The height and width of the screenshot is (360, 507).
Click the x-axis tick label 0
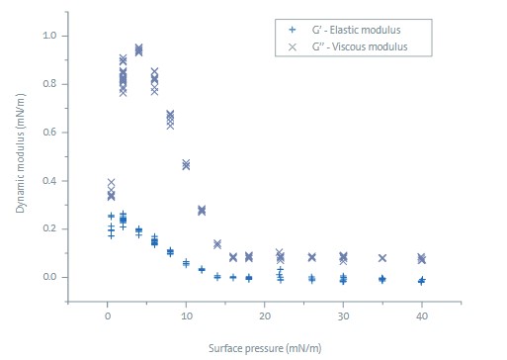click(108, 317)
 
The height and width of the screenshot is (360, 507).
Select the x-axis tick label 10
click(186, 317)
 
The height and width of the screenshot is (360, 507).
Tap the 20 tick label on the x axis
click(264, 317)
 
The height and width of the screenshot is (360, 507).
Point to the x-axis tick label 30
click(343, 317)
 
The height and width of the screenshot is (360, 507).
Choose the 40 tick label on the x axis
click(421, 317)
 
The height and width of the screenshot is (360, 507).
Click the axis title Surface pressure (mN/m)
click(265, 348)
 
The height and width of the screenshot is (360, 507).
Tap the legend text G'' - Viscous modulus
click(351, 47)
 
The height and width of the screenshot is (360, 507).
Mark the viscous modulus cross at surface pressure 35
click(382, 258)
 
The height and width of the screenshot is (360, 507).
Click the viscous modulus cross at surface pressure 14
click(217, 243)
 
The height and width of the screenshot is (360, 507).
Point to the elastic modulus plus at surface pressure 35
click(382, 279)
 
